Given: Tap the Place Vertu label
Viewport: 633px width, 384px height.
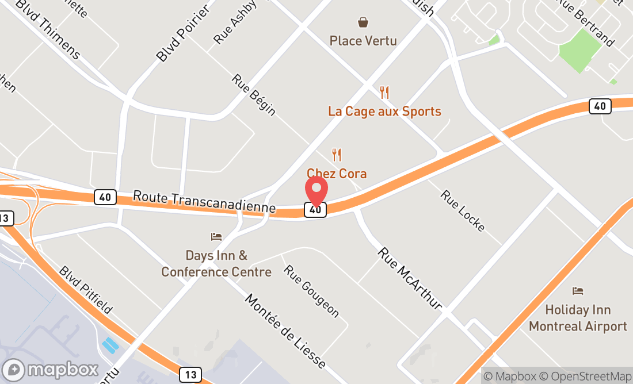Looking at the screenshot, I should pos(363,41).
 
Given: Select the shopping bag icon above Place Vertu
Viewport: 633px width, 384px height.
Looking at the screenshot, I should pos(363,22).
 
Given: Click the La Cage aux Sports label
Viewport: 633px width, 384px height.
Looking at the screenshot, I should pos(384,111).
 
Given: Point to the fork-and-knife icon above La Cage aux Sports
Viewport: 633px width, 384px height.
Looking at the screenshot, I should pos(384,92).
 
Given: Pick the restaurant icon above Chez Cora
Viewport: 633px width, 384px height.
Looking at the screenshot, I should pos(337,155).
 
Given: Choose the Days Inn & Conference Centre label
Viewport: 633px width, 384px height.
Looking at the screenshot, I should pos(216,263).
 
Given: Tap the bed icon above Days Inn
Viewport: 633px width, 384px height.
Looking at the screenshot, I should pos(216,236).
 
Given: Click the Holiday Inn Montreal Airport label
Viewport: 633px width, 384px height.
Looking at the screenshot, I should pos(578,318).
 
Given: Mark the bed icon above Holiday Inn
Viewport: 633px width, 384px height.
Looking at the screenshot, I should pos(578,291).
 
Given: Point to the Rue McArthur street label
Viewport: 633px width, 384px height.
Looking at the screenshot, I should pos(410,278).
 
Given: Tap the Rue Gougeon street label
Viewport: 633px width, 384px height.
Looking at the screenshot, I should pos(311,291).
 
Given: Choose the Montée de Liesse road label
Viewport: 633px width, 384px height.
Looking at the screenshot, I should pos(285,331).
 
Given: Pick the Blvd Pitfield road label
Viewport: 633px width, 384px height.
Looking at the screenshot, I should pos(86,290).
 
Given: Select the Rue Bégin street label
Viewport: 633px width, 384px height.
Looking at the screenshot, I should pos(254,95).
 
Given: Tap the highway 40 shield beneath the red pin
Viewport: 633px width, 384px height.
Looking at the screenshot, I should pos(315,210).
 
